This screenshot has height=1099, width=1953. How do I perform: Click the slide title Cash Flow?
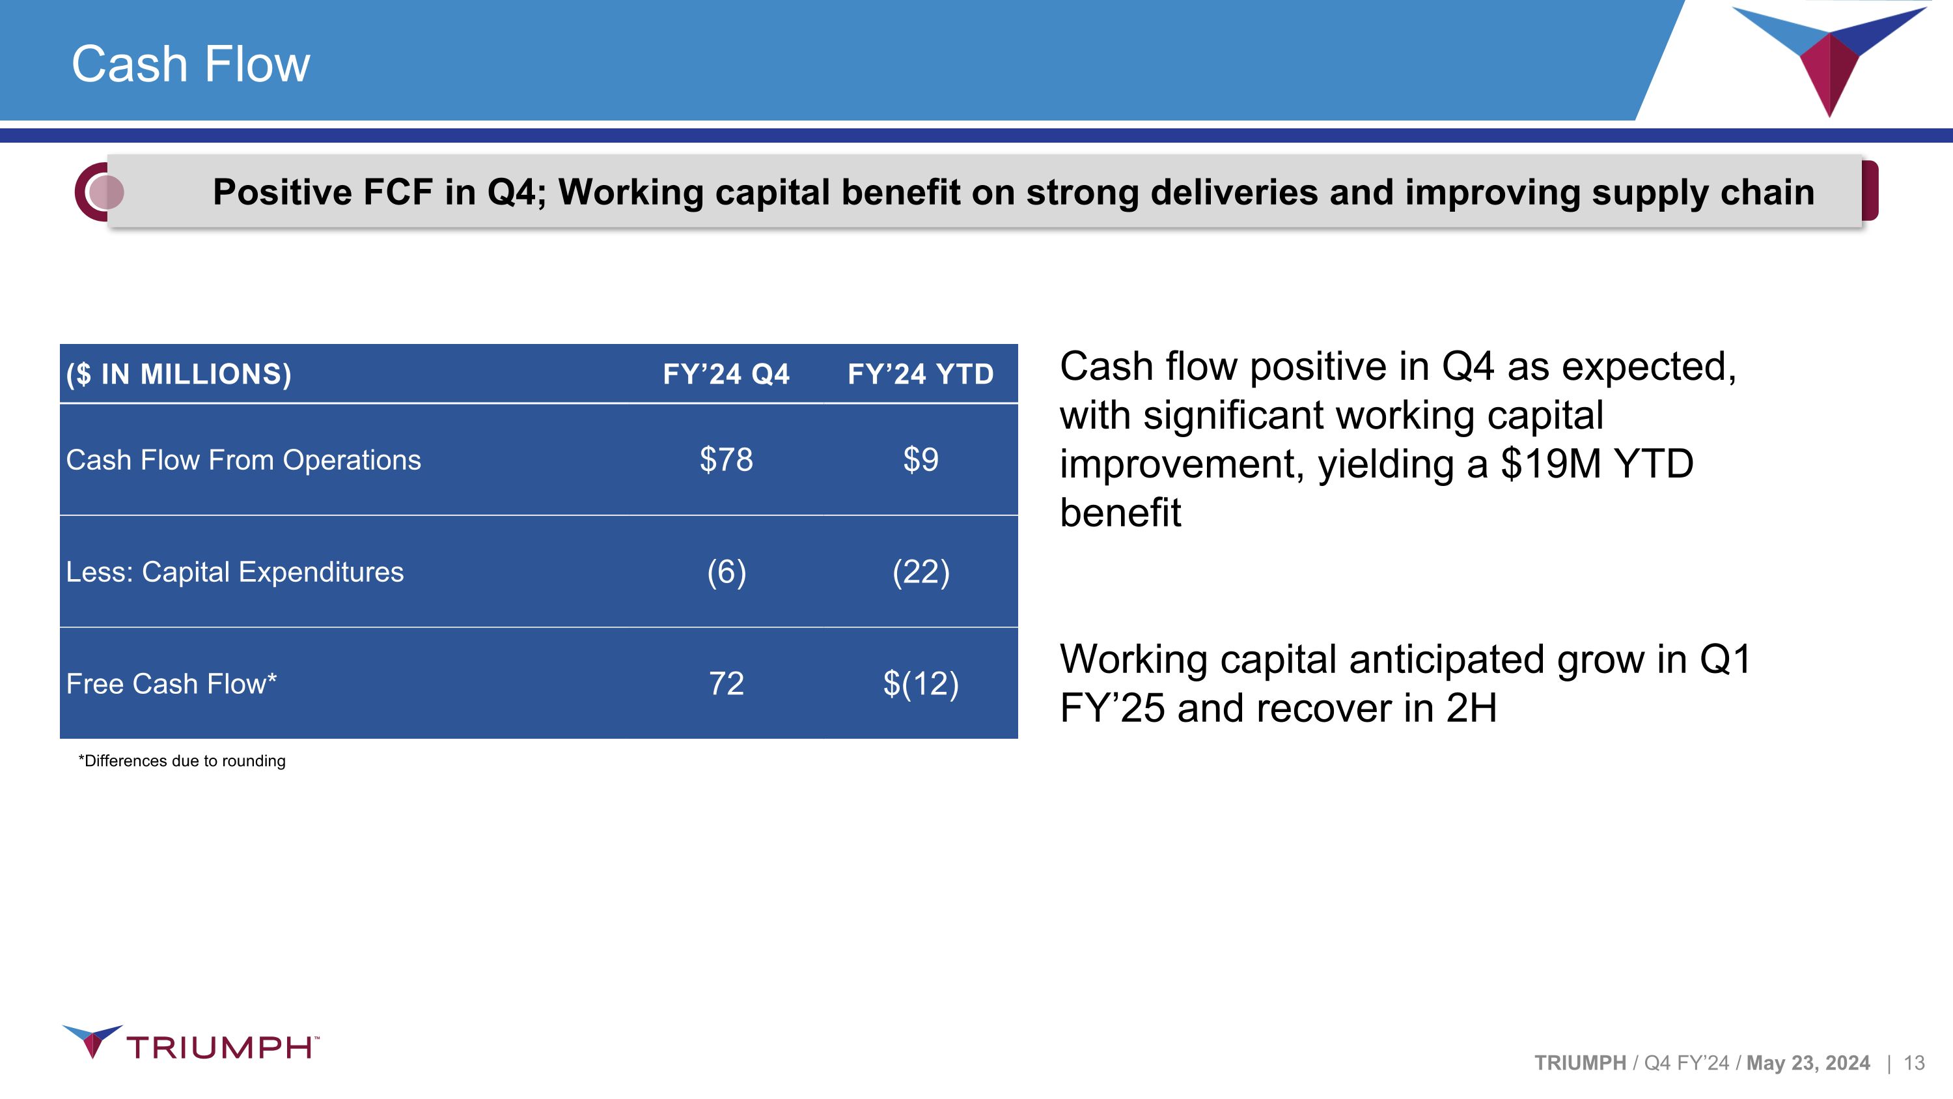tap(190, 64)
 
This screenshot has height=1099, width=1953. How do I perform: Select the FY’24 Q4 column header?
tap(726, 374)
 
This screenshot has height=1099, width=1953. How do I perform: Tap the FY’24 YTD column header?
tap(921, 374)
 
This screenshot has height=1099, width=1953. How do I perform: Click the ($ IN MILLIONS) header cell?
tap(179, 374)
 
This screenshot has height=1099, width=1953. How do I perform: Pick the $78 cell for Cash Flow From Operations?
tap(727, 460)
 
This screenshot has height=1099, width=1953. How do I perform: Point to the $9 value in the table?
tap(921, 460)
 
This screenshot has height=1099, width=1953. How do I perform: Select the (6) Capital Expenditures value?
tap(727, 572)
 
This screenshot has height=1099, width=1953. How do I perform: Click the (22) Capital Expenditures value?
tap(921, 572)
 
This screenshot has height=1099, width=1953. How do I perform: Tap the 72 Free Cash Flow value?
tap(727, 683)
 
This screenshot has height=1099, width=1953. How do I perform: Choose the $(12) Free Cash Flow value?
tap(921, 683)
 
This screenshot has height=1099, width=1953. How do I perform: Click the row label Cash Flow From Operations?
tap(243, 460)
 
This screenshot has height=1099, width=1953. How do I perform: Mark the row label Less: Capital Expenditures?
tap(235, 572)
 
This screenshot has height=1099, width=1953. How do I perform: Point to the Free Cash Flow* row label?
tap(171, 683)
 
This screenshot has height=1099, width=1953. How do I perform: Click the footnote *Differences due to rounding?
tap(182, 761)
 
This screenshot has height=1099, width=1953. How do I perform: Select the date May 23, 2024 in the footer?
tap(1808, 1063)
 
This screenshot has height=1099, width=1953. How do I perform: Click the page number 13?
tap(1915, 1063)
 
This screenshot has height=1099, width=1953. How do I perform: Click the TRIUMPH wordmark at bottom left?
tap(221, 1048)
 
